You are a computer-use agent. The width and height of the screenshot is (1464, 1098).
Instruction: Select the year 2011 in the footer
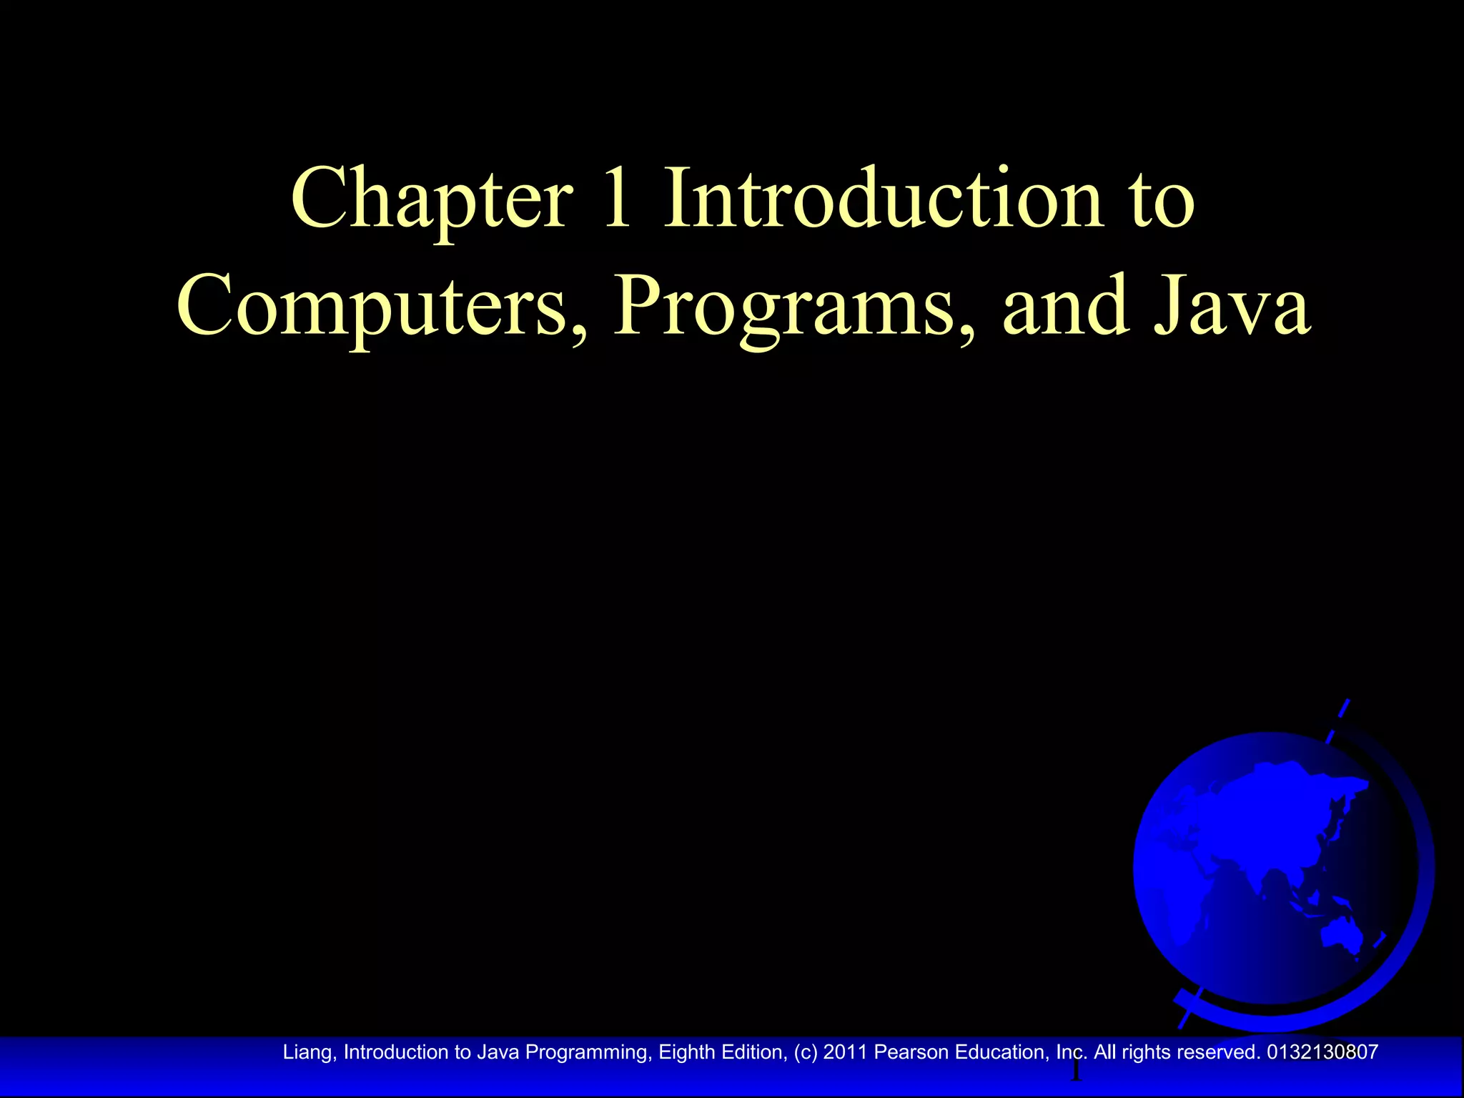[845, 1052]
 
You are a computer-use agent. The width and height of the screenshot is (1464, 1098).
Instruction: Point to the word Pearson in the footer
[911, 1052]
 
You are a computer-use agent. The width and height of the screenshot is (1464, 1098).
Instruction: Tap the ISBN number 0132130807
[1322, 1052]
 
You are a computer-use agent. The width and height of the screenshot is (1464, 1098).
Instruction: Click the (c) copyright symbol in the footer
[806, 1052]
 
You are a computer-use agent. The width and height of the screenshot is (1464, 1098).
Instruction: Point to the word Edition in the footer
[749, 1052]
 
